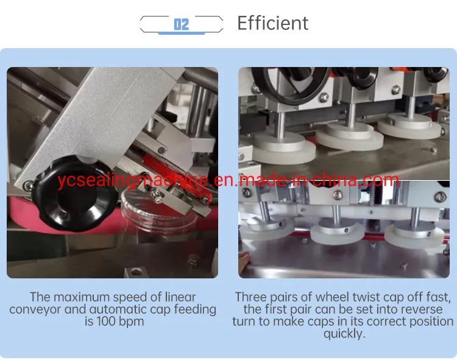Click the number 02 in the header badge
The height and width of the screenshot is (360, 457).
point(181,24)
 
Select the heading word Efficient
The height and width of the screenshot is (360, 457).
point(272,23)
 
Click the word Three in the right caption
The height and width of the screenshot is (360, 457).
point(251,297)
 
